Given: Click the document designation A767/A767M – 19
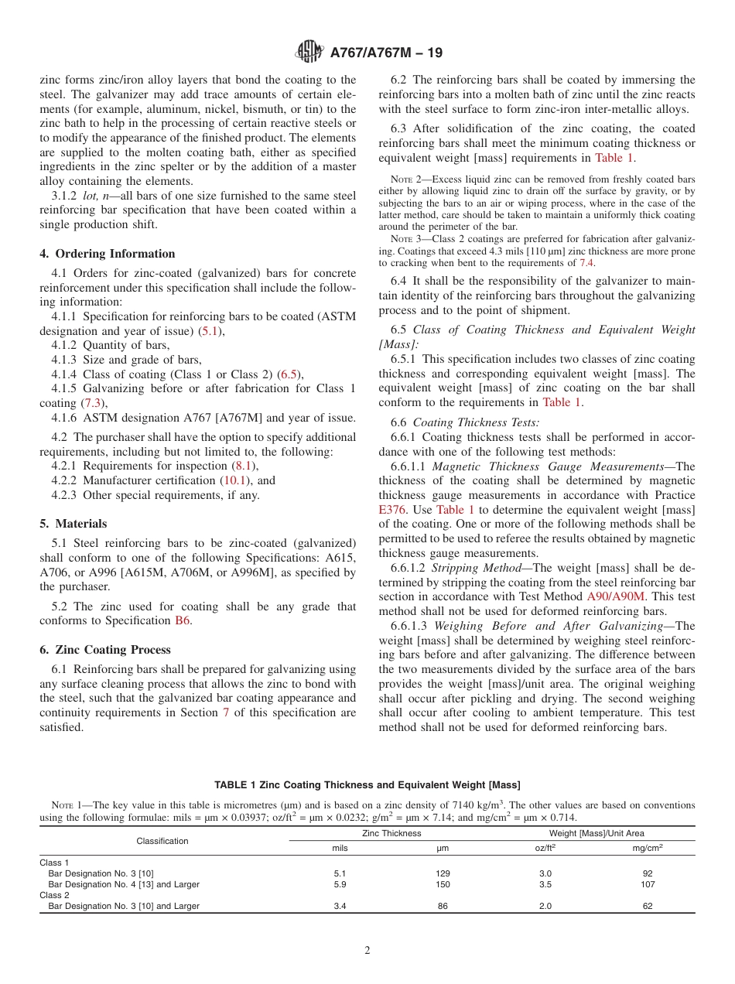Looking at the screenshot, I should click(x=386, y=53).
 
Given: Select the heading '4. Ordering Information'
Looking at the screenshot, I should click(x=108, y=254).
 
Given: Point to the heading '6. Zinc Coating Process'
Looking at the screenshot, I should click(x=105, y=650).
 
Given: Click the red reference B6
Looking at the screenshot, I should click(x=183, y=620).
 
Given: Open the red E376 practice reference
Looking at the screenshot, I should click(x=393, y=510).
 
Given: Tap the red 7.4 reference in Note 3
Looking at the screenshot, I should click(x=587, y=263).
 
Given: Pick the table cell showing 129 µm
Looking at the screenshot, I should click(x=443, y=873).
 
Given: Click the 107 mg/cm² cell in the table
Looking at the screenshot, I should click(x=648, y=884).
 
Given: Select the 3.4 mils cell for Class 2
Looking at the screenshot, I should click(x=340, y=906).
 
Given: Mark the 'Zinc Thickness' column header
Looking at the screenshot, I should click(x=391, y=833).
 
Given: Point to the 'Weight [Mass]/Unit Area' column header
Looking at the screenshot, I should click(x=597, y=833).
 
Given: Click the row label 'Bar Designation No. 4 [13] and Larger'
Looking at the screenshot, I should click(x=124, y=884).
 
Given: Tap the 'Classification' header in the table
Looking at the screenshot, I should click(x=162, y=840).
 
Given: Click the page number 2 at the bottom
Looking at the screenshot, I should click(x=367, y=951).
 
